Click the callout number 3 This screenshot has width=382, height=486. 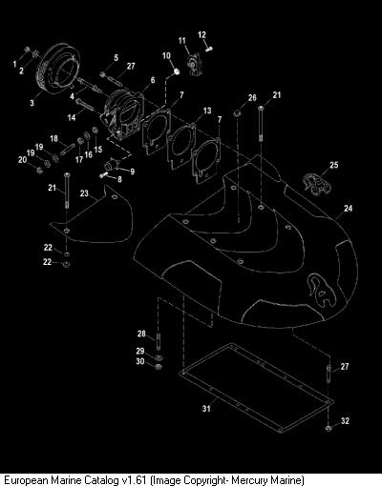pos(32,103)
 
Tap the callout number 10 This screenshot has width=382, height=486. pos(166,56)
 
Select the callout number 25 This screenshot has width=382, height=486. pos(334,165)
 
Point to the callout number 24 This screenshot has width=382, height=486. pos(349,208)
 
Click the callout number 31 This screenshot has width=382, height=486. pos(206,408)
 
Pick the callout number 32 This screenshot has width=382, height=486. pos(345,421)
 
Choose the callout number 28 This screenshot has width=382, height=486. pos(141,334)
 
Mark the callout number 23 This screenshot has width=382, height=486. pos(84,193)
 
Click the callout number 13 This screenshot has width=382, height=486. pos(207,111)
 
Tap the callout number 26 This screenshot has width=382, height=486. pos(252,97)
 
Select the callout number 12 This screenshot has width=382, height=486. pos(202,34)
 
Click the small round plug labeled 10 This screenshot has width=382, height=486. pos(177,71)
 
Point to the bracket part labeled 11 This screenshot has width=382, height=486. pos(194,65)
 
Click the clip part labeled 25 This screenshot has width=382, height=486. pos(316,184)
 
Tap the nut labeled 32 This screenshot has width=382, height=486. pos(329,428)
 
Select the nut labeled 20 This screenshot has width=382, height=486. pos(40,171)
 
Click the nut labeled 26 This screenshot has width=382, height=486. pos(237,112)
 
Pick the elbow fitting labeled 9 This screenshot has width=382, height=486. pos(112,166)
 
